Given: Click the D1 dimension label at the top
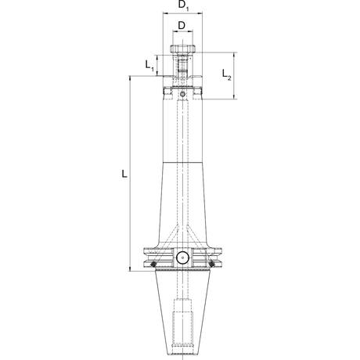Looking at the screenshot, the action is (183, 5).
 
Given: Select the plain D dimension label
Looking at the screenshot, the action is (182, 26).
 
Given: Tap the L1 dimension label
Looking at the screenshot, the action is (149, 65).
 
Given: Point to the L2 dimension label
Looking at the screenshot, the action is (226, 74).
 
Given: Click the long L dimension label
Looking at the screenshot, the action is (124, 174).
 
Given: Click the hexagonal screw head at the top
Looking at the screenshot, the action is (182, 49).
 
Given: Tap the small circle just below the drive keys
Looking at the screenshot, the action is (182, 94).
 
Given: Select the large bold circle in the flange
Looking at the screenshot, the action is (182, 257).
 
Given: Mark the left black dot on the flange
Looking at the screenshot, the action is (153, 265).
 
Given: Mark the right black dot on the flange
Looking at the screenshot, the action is (211, 265).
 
